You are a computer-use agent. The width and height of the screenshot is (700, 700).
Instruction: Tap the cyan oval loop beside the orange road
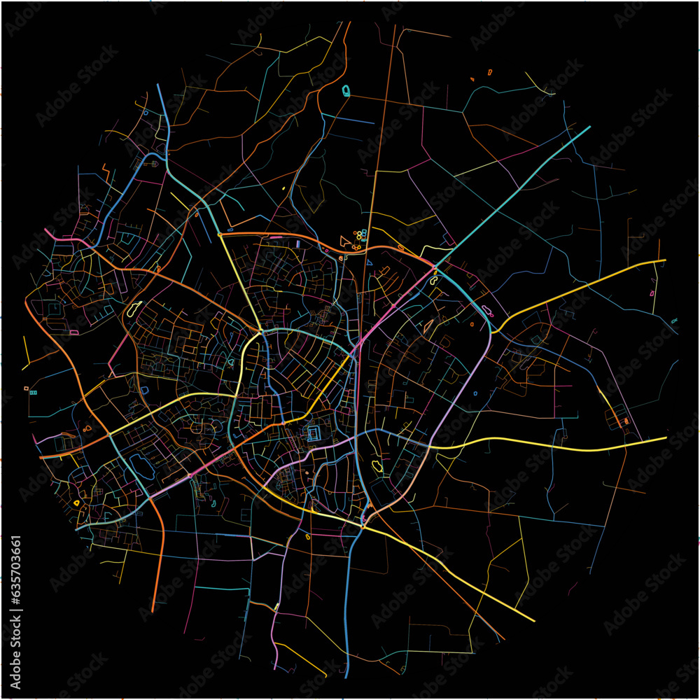pyautogui.click(x=346, y=90)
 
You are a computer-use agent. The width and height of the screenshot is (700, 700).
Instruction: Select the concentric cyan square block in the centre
pyautogui.click(x=313, y=435)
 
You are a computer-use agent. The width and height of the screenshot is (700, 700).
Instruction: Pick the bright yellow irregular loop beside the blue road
pyautogui.click(x=378, y=465)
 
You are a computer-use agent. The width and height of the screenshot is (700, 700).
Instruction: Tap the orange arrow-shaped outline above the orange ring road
pyautogui.click(x=344, y=241)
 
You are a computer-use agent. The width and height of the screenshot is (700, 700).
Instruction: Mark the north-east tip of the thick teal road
pyautogui.click(x=589, y=127)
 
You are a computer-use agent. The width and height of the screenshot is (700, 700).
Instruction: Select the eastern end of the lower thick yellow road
pyautogui.click(x=666, y=438)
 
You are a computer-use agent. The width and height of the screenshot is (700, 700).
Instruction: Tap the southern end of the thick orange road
pyautogui.click(x=153, y=611)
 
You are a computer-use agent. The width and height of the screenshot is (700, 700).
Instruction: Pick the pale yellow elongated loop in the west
pyautogui.click(x=133, y=309)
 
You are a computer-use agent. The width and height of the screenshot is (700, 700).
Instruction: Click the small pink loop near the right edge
pyautogui.click(x=652, y=293)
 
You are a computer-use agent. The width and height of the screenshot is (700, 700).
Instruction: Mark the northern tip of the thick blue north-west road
pyautogui.click(x=158, y=85)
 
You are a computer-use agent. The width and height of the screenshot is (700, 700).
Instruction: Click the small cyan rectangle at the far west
pyautogui.click(x=33, y=393)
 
